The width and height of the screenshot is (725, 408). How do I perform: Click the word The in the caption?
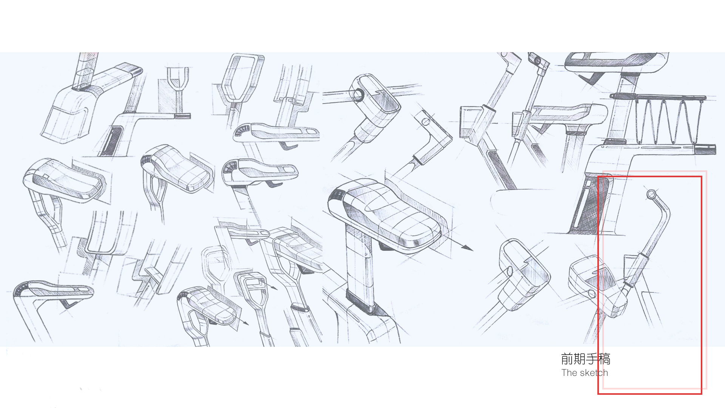569,373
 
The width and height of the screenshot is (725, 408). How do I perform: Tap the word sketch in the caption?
594,373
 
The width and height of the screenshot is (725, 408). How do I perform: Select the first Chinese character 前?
567,359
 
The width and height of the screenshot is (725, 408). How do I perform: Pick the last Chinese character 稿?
605,359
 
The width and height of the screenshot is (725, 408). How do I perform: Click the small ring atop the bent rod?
651,195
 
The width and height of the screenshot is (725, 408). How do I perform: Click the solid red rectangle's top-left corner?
598,176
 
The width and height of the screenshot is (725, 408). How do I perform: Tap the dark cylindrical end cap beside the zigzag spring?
705,149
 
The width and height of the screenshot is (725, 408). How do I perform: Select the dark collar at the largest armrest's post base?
360,300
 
